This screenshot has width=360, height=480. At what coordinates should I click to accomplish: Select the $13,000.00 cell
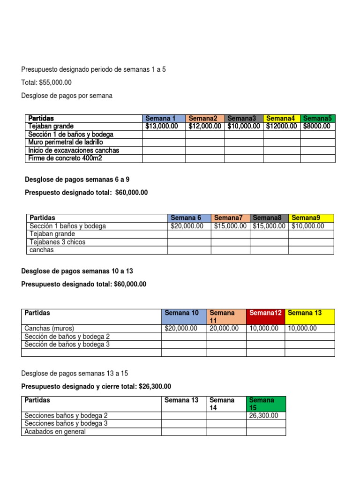point(162,126)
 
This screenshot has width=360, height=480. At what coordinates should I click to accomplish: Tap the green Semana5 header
point(317,118)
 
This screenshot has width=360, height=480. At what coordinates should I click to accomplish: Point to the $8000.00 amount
point(317,126)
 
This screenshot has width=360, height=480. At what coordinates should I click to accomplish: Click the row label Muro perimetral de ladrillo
point(66,142)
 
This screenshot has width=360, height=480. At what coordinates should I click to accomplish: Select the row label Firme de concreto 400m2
point(65,158)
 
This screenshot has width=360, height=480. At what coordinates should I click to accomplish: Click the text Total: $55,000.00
point(46,82)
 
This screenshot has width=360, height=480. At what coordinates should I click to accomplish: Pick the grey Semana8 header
point(269,217)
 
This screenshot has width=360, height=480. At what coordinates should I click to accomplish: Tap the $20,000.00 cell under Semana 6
point(187,226)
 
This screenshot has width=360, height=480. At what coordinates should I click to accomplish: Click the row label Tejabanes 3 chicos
point(58,242)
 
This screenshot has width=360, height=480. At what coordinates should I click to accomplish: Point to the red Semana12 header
point(265,313)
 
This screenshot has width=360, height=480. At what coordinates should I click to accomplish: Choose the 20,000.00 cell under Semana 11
point(224,328)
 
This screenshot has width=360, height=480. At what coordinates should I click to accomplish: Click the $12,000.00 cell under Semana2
point(205,126)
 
